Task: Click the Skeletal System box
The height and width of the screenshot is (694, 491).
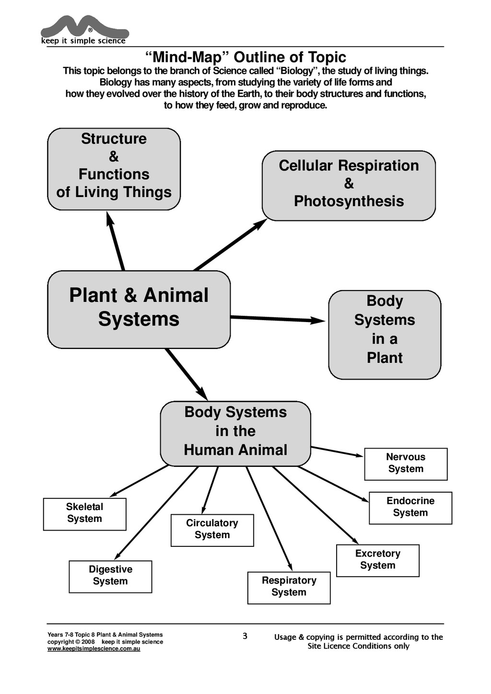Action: pos(84,514)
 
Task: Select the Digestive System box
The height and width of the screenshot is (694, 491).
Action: pos(110,577)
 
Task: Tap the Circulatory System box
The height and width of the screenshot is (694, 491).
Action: pos(212,530)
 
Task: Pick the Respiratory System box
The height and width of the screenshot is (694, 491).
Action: pos(289,588)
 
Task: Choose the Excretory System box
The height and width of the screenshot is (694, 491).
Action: pos(377,560)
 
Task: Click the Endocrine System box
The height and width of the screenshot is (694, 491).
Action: pos(410,508)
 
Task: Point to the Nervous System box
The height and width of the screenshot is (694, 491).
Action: pos(406,464)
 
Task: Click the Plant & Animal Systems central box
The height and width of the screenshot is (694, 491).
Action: pos(139,309)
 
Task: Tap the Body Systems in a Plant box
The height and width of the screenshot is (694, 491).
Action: pos(385,334)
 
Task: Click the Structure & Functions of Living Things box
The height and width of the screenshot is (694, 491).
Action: pos(114,169)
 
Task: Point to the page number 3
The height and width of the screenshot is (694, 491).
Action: pos(245,636)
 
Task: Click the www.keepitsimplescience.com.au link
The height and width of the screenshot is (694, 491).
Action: pos(94,649)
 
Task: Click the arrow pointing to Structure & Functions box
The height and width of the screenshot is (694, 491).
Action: pos(116,242)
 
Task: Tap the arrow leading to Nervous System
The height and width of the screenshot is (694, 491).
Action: pos(337,451)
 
